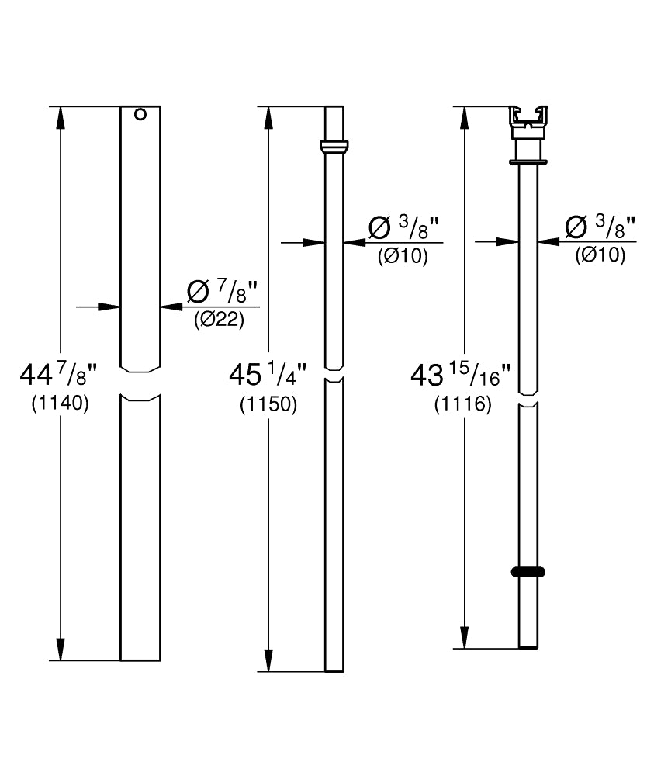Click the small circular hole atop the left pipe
[x=140, y=114]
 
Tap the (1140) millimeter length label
[x=61, y=404]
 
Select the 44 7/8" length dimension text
[x=58, y=374]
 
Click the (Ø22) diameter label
[x=219, y=320]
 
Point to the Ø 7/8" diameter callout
[x=223, y=292]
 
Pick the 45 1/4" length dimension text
[x=268, y=375]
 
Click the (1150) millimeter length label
[x=268, y=405]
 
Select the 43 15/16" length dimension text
[x=461, y=375]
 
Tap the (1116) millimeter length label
[x=463, y=405]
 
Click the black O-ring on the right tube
[x=528, y=572]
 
